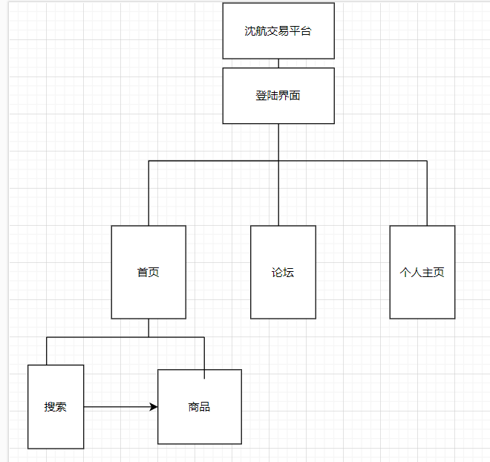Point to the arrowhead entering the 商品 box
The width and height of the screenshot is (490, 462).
coord(154,407)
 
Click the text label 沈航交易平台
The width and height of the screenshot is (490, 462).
coord(278,31)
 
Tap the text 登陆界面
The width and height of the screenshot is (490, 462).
coord(278,96)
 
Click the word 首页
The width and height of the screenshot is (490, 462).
coord(148,273)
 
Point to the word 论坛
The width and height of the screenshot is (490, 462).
coord(283,273)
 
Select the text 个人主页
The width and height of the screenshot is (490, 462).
coord(422,273)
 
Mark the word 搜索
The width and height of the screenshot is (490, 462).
coord(56,407)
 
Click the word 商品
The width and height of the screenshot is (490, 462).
coord(200,407)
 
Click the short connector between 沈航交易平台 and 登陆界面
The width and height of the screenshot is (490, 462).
coord(278,63)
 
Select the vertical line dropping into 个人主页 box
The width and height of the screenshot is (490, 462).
coord(427,193)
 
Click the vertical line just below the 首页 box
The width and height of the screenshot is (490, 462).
coord(148,328)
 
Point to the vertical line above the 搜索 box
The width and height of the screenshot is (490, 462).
coord(47,351)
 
